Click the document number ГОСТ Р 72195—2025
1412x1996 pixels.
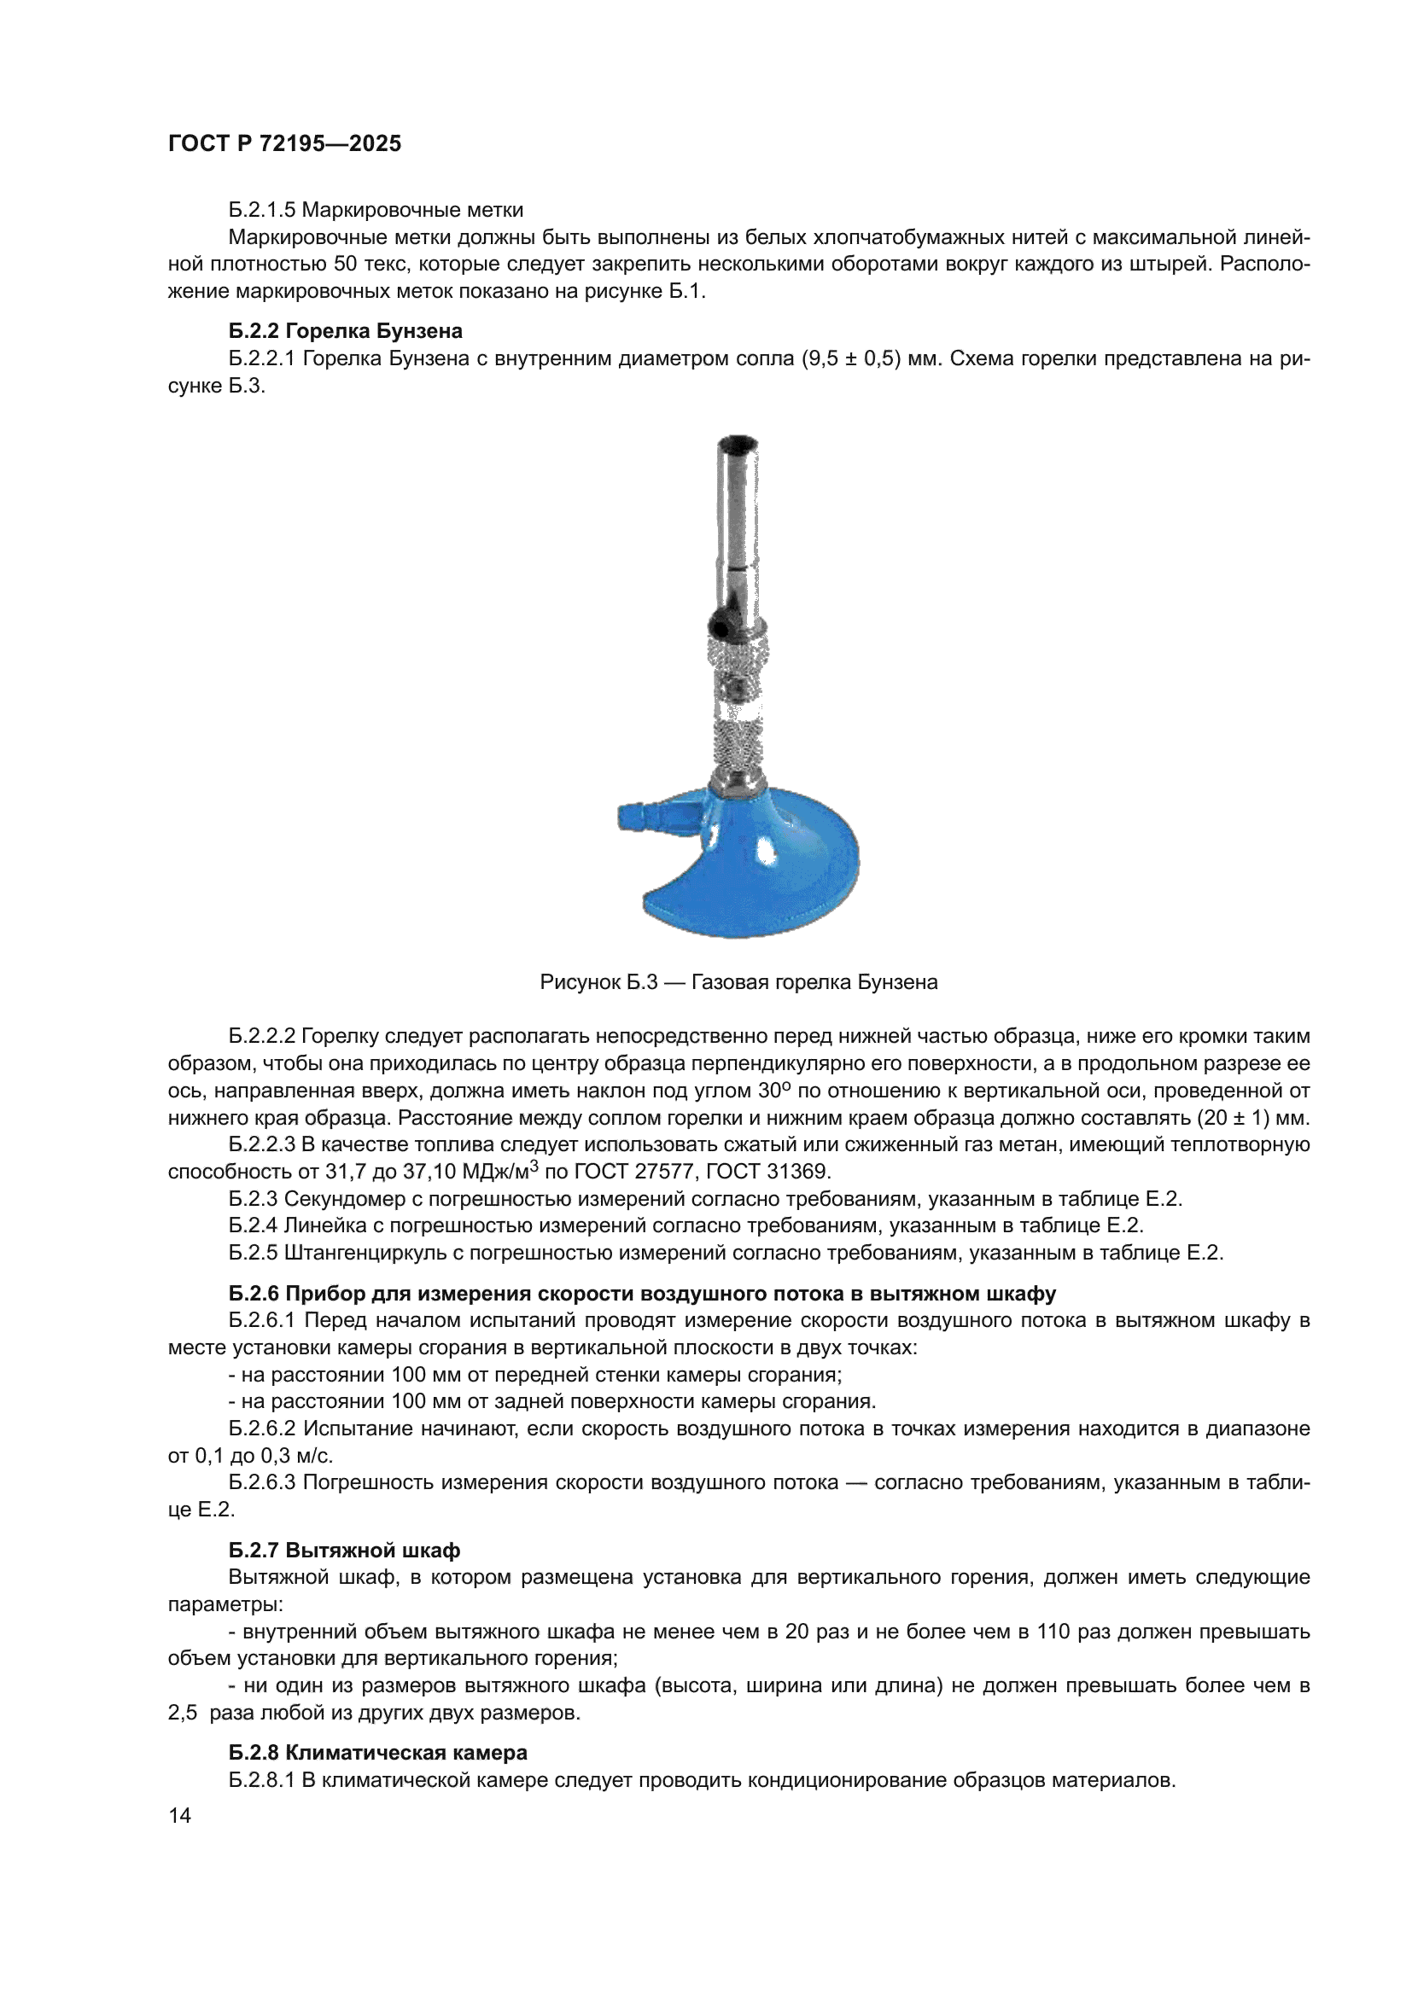click(x=284, y=144)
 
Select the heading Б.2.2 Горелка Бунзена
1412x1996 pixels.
click(x=345, y=331)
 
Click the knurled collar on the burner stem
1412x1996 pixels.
click(x=739, y=660)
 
